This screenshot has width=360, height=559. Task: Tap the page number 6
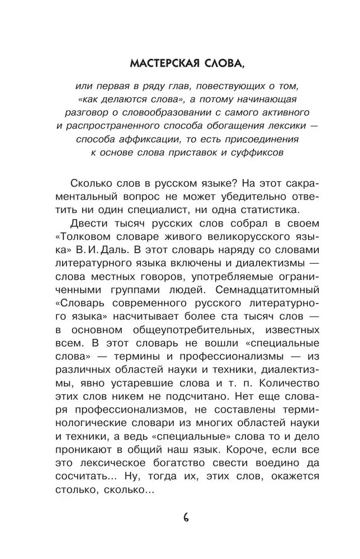pos(186,516)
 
